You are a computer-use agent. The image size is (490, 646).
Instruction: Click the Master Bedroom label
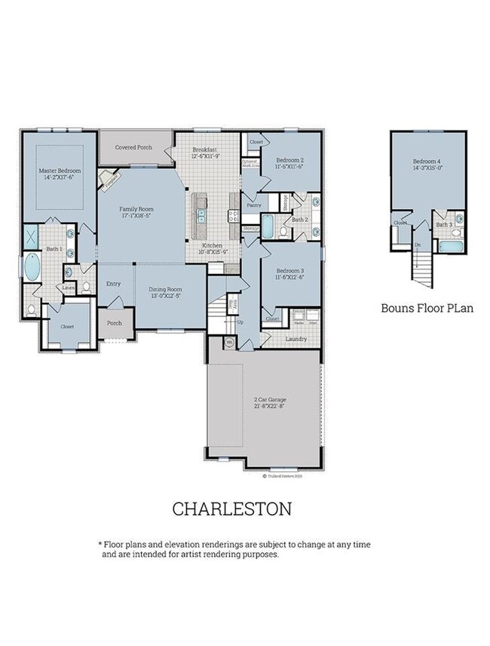click(x=60, y=175)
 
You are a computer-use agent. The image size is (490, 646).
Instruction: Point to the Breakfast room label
click(x=206, y=153)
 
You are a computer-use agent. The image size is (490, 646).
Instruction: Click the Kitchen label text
click(x=213, y=248)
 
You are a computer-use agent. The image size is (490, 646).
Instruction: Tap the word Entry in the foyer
click(x=114, y=284)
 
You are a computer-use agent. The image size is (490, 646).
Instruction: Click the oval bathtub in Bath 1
click(x=33, y=267)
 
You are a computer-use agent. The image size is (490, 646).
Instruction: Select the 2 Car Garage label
click(x=270, y=402)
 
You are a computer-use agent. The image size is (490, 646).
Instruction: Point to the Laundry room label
click(x=296, y=339)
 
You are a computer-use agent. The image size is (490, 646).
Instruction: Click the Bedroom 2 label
click(x=289, y=164)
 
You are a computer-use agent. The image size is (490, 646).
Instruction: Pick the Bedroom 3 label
click(x=289, y=274)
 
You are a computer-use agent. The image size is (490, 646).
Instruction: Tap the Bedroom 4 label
click(x=427, y=165)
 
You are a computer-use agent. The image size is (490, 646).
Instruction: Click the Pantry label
click(x=254, y=205)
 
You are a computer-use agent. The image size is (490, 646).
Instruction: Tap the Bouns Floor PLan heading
click(x=426, y=308)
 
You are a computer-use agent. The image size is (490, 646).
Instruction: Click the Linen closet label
click(x=68, y=288)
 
